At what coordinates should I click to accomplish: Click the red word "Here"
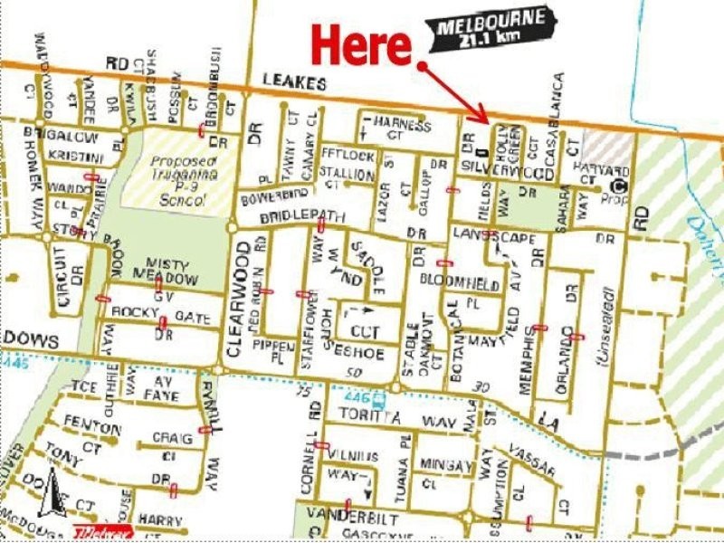pyautogui.click(x=361, y=46)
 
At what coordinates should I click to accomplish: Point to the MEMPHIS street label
pyautogui.click(x=526, y=360)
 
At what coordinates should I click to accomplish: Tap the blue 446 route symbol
pyautogui.click(x=359, y=395)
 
